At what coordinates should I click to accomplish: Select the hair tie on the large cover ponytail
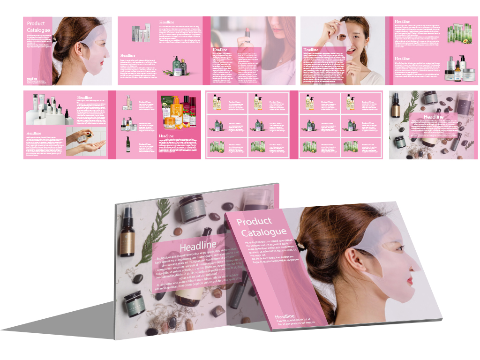[300, 242]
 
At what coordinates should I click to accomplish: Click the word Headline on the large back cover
[198, 246]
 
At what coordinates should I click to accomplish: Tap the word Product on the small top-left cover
[36, 24]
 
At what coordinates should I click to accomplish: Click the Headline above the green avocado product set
[402, 22]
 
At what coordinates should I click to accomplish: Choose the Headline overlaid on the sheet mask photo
[311, 50]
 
